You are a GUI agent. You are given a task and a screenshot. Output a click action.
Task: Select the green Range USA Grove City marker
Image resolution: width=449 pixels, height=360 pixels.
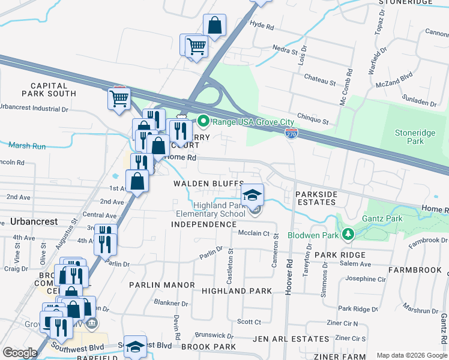point(203,122)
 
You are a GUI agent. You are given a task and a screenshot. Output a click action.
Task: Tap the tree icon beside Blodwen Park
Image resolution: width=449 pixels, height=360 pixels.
point(346,233)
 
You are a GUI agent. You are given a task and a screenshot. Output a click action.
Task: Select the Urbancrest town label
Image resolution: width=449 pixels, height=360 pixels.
point(34,221)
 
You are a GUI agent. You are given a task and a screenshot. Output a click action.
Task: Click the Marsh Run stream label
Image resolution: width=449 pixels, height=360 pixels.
point(27,145)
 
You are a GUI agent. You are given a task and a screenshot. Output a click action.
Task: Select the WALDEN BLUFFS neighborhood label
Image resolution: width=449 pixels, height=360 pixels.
point(208,183)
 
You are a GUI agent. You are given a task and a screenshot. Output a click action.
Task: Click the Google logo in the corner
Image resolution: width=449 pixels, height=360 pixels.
point(20,352)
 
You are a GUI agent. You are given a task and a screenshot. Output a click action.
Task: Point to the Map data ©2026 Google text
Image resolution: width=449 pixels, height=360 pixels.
point(411,355)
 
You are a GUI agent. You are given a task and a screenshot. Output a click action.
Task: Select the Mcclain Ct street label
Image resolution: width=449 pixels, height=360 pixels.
point(253,233)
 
